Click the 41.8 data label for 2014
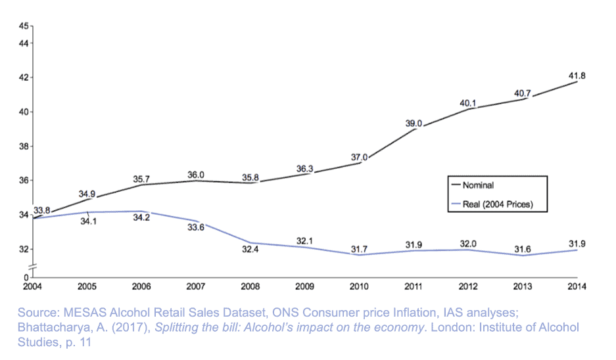point(577,76)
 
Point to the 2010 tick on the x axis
point(359,286)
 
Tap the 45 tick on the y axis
point(23,26)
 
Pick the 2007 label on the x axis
point(195,286)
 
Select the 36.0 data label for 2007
point(196,175)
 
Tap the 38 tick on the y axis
point(23,146)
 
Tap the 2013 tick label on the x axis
point(523,286)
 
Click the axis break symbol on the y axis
point(30,265)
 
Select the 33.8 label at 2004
point(41,210)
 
